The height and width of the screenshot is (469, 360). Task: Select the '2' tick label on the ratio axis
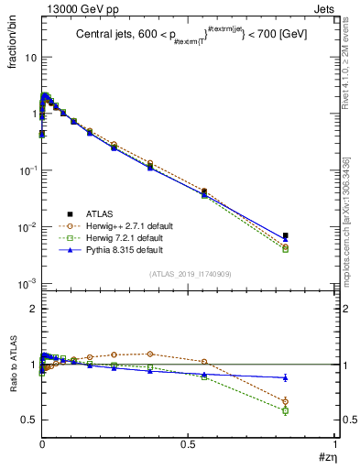pyautogui.click(x=32, y=309)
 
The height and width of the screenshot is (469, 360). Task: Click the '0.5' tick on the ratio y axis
pyautogui.click(x=28, y=420)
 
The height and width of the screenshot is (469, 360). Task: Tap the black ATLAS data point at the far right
pyautogui.click(x=285, y=235)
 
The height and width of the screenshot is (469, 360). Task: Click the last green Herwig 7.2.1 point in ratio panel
pyautogui.click(x=285, y=410)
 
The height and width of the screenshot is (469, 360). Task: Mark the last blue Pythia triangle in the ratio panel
pyautogui.click(x=285, y=377)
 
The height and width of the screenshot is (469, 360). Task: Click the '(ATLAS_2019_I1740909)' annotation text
pyautogui.click(x=190, y=274)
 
